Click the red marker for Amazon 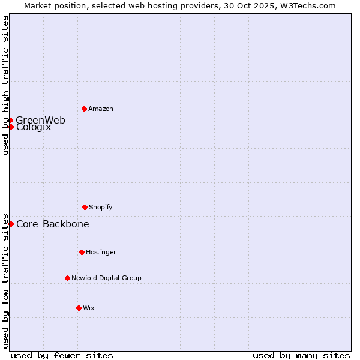pos(84,109)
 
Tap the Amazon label pos(101,109)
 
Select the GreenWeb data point pos(11,120)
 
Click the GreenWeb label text pos(41,120)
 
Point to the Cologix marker pos(11,127)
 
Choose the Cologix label pos(34,128)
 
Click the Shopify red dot pos(85,207)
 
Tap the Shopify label pos(101,207)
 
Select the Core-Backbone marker pos(11,224)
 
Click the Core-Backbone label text pos(53,224)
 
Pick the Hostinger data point pos(82,252)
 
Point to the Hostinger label pos(101,252)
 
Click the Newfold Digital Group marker pos(67,278)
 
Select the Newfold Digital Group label pos(107,278)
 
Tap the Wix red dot pos(79,308)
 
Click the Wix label pos(89,308)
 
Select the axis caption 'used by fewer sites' pos(62,355)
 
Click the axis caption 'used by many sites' pos(301,355)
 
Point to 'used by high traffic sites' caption pos(5,85)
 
